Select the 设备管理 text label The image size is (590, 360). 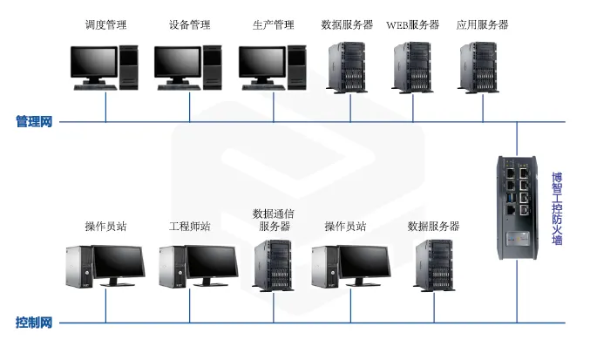coord(189,25)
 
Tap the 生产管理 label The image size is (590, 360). coord(273,25)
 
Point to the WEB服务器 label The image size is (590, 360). coord(413,25)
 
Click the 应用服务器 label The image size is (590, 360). coord(483,25)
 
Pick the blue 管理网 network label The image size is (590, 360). coord(34,121)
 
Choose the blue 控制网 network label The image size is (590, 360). coord(34,323)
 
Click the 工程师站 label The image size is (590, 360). coord(189,227)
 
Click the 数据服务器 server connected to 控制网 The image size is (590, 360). coord(433,265)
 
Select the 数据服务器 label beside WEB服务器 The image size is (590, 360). coord(347,25)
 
